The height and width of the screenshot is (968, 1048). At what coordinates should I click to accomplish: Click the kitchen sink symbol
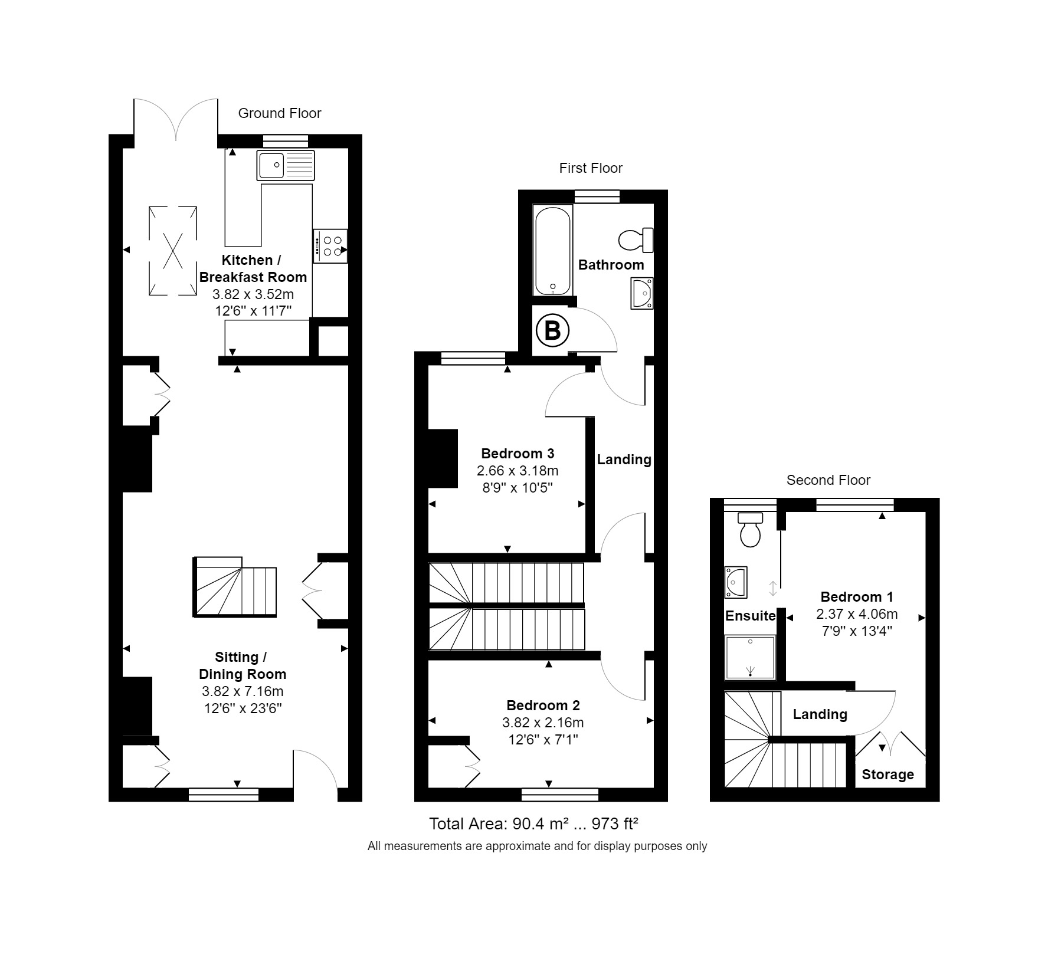286,165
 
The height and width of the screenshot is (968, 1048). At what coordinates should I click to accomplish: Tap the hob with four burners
330,246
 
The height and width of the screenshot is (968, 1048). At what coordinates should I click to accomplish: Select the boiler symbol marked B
552,330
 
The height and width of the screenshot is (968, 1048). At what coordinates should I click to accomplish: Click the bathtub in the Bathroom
553,250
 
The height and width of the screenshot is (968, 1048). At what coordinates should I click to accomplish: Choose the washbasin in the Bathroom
641,293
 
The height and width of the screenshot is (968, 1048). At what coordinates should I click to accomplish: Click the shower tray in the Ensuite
750,657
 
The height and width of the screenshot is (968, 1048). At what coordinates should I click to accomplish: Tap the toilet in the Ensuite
751,529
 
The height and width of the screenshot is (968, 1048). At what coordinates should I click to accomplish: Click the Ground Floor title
280,113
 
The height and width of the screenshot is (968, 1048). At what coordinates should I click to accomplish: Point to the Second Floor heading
828,480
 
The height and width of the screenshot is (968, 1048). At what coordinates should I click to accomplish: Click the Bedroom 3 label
518,454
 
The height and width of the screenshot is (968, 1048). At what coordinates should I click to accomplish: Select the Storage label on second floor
887,775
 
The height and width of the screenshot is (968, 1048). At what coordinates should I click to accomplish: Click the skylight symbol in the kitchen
172,250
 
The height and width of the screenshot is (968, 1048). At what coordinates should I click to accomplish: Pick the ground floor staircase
235,587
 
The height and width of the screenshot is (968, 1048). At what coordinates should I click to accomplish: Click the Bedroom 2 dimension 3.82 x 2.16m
543,723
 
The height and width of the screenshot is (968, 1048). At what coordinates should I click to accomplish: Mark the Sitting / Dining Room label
242,665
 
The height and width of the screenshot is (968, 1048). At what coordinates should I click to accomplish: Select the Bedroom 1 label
857,596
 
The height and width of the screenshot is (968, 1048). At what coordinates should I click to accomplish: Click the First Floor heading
591,168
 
